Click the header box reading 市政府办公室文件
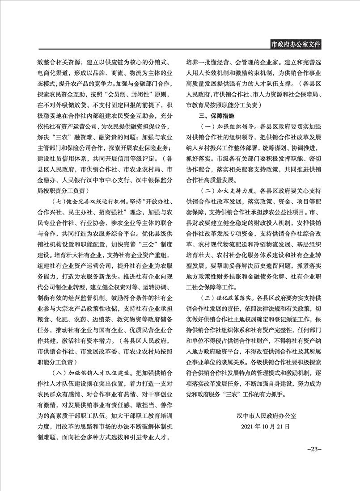[x=296, y=44]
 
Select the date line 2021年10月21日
[x=265, y=427]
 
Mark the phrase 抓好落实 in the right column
[x=200, y=159]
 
